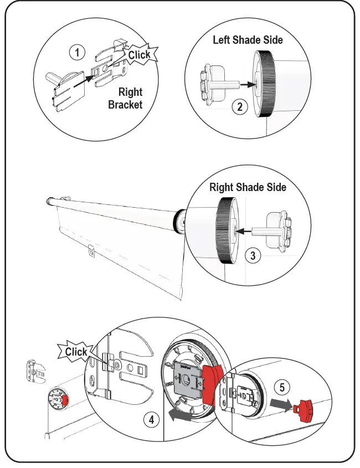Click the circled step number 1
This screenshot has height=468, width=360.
tap(77, 53)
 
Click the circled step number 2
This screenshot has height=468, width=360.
tap(239, 106)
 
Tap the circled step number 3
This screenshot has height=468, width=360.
tap(253, 255)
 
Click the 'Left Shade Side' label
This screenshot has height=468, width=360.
tap(248, 40)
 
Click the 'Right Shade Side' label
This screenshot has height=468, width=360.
tap(248, 187)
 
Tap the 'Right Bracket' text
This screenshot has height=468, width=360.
tap(126, 98)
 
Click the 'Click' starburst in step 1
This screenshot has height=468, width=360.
tap(139, 55)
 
